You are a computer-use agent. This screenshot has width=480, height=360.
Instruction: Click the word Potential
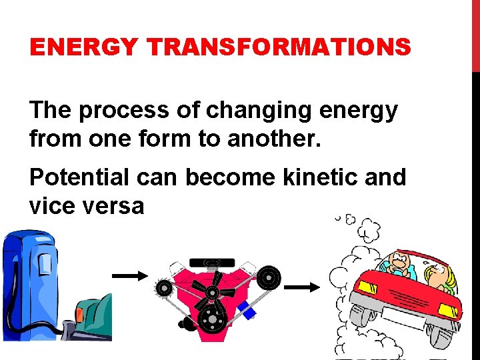pos(73,177)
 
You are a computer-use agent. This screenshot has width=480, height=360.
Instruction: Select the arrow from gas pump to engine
pos(129,275)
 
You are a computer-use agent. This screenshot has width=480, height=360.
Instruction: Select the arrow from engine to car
pos(303,287)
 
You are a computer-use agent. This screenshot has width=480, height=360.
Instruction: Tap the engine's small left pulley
pos(163,288)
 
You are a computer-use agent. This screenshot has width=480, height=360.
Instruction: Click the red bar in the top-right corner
pos(475,33)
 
